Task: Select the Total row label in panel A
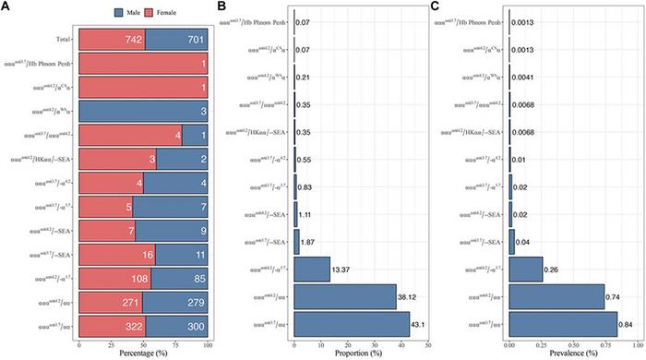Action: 64,40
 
